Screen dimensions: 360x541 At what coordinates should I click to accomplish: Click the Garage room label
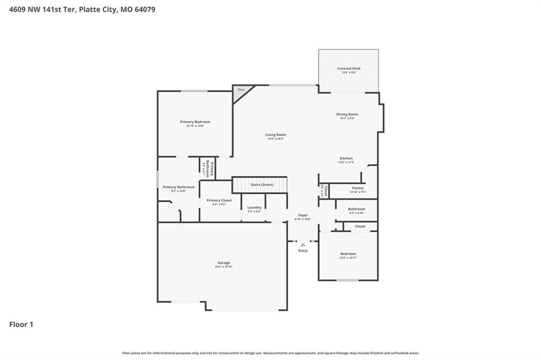[x=223, y=262]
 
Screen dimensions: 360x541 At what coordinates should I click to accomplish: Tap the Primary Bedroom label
[x=195, y=122]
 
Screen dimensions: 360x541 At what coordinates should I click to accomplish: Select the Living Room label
[x=275, y=135]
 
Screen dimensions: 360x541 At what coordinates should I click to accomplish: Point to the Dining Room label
[x=347, y=114]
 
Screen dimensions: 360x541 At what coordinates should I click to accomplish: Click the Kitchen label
[x=346, y=158]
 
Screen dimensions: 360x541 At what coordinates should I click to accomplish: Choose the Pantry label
[x=358, y=188]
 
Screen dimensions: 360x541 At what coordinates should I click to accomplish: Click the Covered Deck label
[x=349, y=69]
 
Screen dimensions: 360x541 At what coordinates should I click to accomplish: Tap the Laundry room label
[x=254, y=207]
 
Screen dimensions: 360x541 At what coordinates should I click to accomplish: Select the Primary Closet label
[x=219, y=200]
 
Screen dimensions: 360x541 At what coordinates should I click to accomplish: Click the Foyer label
[x=303, y=215]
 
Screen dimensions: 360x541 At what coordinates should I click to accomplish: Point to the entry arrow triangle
[x=303, y=244]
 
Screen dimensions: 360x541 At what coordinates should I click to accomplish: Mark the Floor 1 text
[x=21, y=325]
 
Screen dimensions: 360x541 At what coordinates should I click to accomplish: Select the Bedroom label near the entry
[x=348, y=253]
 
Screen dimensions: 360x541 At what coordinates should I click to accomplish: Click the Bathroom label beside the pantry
[x=357, y=209]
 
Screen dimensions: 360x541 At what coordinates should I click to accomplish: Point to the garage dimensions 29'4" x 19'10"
[x=223, y=267]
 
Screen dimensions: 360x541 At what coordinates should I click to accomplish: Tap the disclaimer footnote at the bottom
[x=270, y=353]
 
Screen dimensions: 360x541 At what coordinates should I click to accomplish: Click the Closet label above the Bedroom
[x=360, y=226]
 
